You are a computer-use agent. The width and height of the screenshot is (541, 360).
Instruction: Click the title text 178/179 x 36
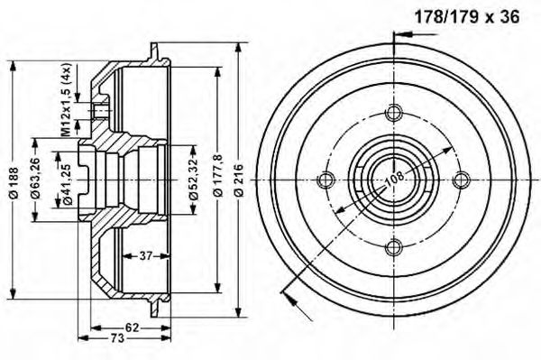click(466, 17)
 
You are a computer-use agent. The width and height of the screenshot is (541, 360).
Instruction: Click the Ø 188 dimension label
click(14, 182)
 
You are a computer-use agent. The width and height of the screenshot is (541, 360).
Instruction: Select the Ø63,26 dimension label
click(35, 179)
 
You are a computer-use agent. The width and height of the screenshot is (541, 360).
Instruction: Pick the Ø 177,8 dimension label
click(218, 176)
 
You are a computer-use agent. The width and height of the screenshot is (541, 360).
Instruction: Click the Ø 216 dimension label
click(238, 180)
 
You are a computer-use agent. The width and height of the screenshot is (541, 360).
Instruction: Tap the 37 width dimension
click(146, 255)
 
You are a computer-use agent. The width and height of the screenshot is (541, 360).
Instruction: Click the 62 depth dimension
click(132, 328)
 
